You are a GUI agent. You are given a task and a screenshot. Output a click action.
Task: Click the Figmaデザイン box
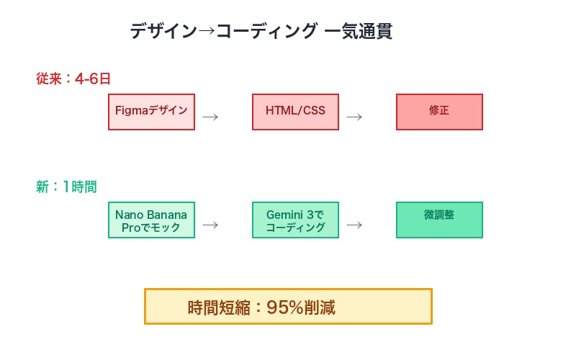pos(151,112)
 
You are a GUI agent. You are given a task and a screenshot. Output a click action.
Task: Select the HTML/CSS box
pos(295,112)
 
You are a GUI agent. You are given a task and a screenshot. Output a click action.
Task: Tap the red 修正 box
pos(439,112)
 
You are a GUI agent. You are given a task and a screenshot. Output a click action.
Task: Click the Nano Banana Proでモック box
pos(151,220)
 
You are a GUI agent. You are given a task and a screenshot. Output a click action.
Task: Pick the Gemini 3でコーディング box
pos(295,220)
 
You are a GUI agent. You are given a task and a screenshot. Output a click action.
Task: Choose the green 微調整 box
pos(439,220)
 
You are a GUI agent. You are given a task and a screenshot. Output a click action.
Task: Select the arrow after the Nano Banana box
pos(210,225)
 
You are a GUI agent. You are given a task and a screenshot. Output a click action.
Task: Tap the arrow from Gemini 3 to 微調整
pos(354,225)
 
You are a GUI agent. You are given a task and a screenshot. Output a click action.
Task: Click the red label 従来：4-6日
pos(73,79)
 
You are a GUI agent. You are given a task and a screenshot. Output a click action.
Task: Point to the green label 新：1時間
pos(66,187)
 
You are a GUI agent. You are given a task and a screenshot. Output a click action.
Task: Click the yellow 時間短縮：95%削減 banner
pos(288,307)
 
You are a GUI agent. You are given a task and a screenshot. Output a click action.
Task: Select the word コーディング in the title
pos(266,32)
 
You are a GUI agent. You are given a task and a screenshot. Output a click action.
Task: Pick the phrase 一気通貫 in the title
pos(359,32)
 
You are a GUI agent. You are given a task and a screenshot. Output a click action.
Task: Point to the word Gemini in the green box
pos(287,215)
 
